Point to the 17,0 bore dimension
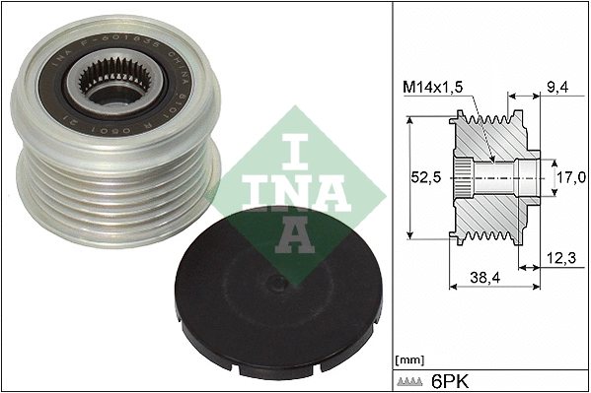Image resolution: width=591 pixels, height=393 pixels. point(571,177)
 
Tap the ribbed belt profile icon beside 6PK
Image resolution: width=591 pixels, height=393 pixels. point(412,380)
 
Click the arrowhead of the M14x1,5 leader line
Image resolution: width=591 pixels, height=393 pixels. point(490,158)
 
